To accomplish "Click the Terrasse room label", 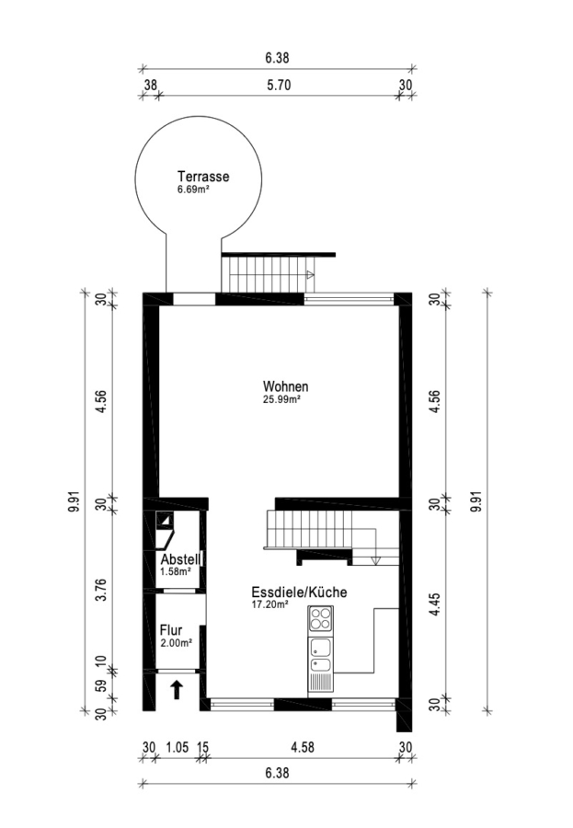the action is pos(203,177).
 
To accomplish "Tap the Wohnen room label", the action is pos(286,386).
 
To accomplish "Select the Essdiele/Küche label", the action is pos(300,592).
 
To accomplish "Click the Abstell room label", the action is pos(180,559).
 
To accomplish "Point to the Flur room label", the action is pos(171,630).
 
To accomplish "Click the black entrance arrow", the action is pos(177,690).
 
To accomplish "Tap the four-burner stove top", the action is pos(321,618).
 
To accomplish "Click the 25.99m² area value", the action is pos(282,400).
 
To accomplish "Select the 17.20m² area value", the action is pos(269,605).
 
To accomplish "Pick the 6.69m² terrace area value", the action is pos(194,189).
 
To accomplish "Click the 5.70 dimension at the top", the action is pos(279,85).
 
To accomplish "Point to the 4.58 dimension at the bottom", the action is pos(303,747).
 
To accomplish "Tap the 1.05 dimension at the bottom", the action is pos(178,747).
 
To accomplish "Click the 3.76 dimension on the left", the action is pos(102,590).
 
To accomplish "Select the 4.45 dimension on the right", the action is pos(435,604).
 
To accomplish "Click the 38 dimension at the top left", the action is pos(151,85).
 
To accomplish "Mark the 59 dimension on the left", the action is pos(102,685).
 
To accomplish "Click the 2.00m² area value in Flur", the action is pos(176,643).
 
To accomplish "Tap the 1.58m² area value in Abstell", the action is pos(176,571).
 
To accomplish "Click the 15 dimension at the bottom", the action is pos(202,747).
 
